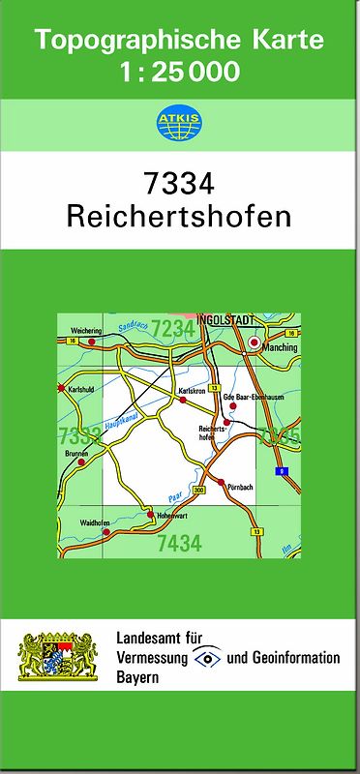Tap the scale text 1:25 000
(x=180, y=72)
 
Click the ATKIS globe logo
(x=179, y=122)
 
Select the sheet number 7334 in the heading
(x=179, y=184)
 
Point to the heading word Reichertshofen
(x=179, y=215)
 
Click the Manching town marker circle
(x=255, y=342)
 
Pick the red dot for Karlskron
(x=182, y=399)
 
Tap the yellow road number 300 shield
(x=199, y=491)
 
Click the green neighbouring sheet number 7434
(x=179, y=543)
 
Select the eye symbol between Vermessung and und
(x=207, y=657)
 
